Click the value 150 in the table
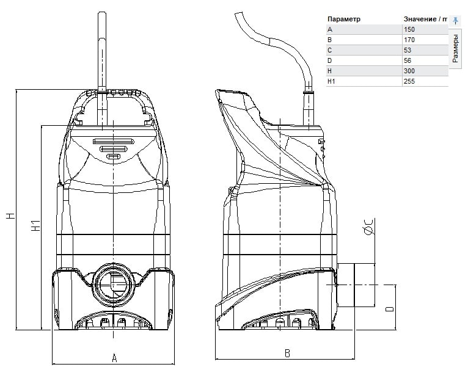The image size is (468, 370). (x=409, y=29)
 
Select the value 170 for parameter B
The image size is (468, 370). (x=409, y=40)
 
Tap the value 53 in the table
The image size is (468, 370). (x=408, y=50)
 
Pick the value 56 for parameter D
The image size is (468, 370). (x=408, y=60)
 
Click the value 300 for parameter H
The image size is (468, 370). (x=409, y=71)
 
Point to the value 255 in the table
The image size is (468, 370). (x=409, y=81)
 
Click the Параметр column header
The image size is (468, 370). (x=344, y=19)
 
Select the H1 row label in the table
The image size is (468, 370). (x=331, y=81)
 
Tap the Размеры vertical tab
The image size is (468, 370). (x=455, y=48)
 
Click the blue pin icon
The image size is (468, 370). (x=455, y=20)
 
